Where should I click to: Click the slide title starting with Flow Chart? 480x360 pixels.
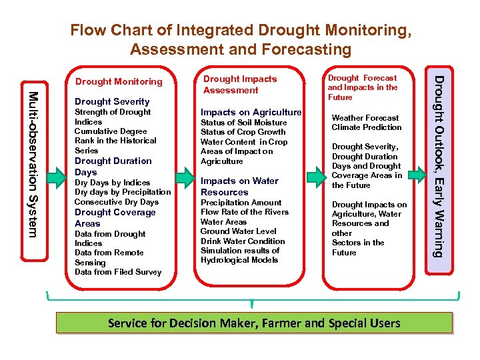coord(240,39)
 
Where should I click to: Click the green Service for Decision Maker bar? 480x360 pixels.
coord(254,323)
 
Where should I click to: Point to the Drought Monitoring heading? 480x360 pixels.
coord(119,81)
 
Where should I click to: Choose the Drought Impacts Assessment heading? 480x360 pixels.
coord(239,85)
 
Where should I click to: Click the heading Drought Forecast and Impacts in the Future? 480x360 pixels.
coord(362,87)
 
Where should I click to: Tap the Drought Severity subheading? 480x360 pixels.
coord(112,101)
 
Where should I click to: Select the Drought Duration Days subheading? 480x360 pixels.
coord(113,167)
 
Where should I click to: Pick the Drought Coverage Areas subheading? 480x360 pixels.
coord(115,218)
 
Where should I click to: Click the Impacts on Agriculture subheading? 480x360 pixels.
coord(251,112)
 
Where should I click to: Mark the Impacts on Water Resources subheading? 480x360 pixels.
coord(239,187)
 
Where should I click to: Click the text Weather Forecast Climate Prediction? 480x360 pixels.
coord(367,123)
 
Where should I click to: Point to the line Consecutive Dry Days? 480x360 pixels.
coord(116,202)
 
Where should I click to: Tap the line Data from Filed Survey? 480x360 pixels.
coord(118,272)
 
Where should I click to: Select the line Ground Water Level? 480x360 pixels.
coord(238,231)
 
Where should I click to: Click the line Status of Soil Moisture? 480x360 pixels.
coord(243,123)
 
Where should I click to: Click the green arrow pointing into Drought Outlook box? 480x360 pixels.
coord(417,175)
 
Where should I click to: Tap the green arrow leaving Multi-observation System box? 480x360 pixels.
coord(56,175)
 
